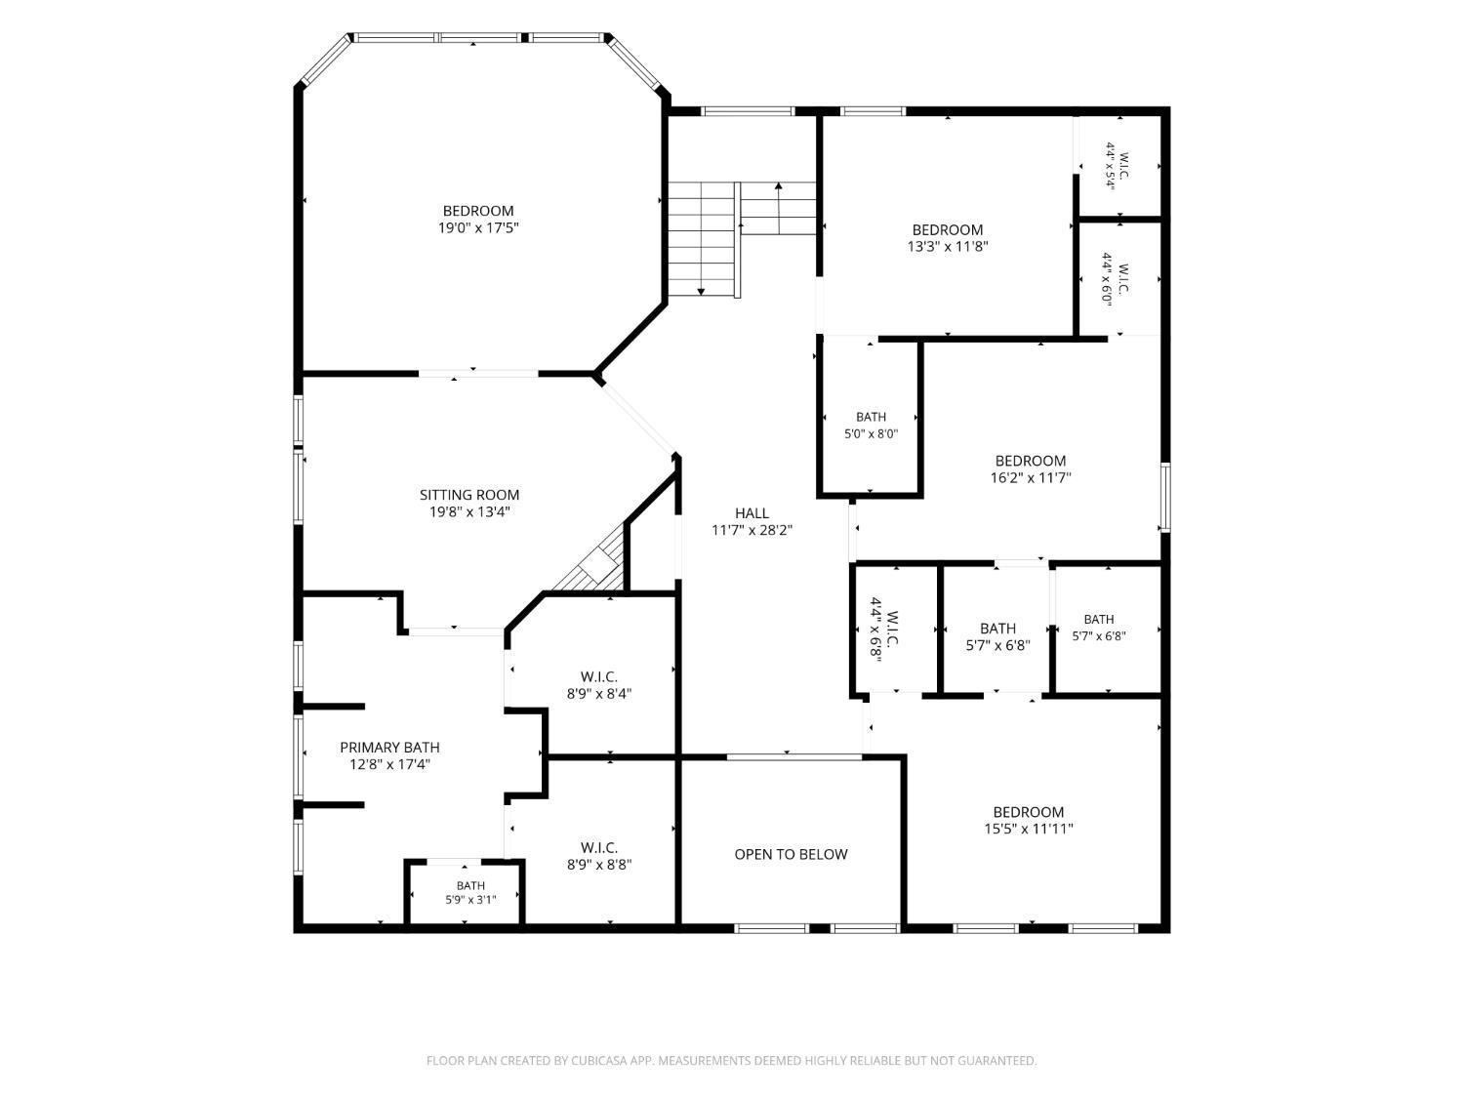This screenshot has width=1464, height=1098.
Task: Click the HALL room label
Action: click(x=752, y=512)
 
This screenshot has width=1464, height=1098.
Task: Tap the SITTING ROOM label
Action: click(x=469, y=495)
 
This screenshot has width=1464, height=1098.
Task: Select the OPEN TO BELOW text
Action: click(x=791, y=854)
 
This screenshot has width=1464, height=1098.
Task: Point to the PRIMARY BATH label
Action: click(x=389, y=748)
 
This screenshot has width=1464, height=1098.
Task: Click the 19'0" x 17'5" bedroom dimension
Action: click(x=478, y=228)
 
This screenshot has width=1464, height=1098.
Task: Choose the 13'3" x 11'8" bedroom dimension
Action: click(x=948, y=247)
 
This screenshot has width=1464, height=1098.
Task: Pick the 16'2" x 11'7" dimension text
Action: click(x=1031, y=477)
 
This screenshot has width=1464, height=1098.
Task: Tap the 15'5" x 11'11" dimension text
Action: click(x=1029, y=829)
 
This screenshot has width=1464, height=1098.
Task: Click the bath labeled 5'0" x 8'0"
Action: click(x=871, y=426)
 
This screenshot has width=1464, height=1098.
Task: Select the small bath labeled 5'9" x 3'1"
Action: click(x=470, y=892)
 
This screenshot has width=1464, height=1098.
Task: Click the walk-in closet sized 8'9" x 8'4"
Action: click(x=599, y=685)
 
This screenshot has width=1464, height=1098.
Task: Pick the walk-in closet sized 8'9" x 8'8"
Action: click(x=599, y=856)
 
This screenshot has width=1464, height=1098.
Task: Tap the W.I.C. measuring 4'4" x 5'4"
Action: click(x=1118, y=166)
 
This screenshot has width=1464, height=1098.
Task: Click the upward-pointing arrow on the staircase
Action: click(x=778, y=207)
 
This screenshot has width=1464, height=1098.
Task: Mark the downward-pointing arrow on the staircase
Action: click(x=701, y=239)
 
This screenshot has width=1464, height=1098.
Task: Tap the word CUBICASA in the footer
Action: click(x=599, y=1061)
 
